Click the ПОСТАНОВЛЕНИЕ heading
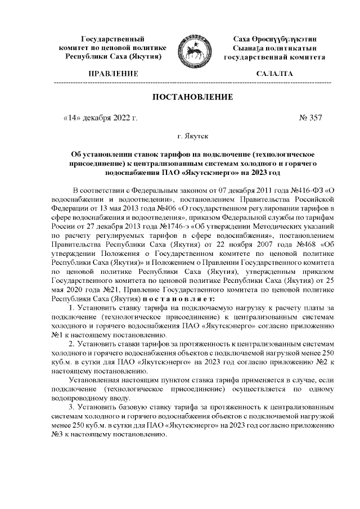[x=192, y=97]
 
